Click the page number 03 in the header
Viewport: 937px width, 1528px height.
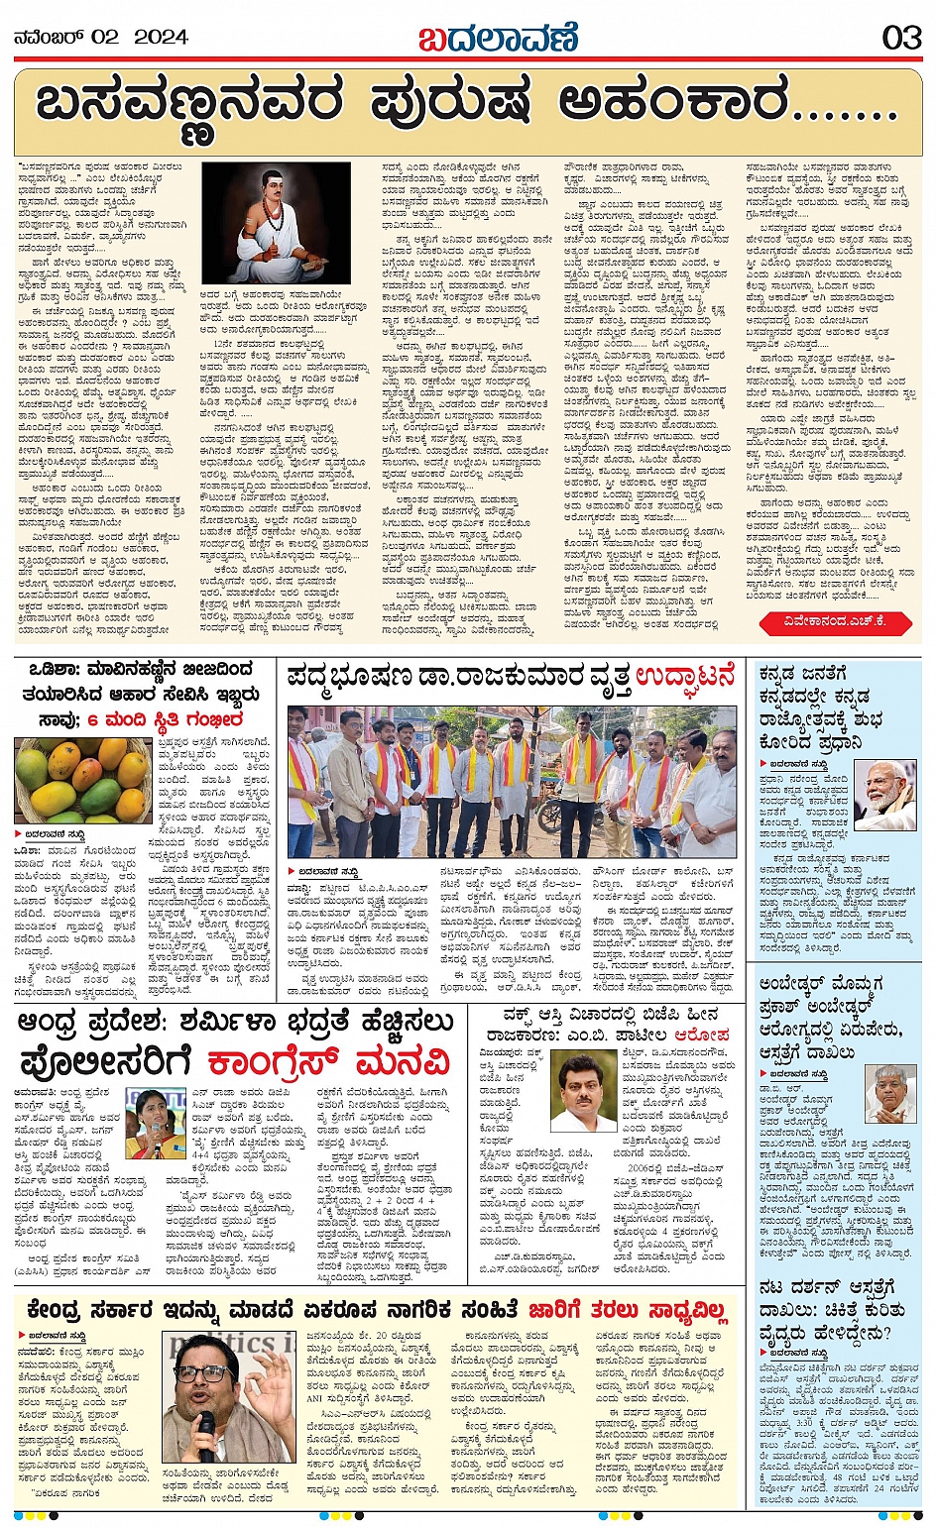tap(901, 38)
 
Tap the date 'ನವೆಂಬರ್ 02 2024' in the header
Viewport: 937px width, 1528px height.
tap(101, 38)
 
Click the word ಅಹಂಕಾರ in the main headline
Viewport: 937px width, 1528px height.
tap(675, 105)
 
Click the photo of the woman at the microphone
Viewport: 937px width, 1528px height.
tap(156, 1123)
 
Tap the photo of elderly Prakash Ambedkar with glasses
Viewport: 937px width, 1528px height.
tap(888, 1095)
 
